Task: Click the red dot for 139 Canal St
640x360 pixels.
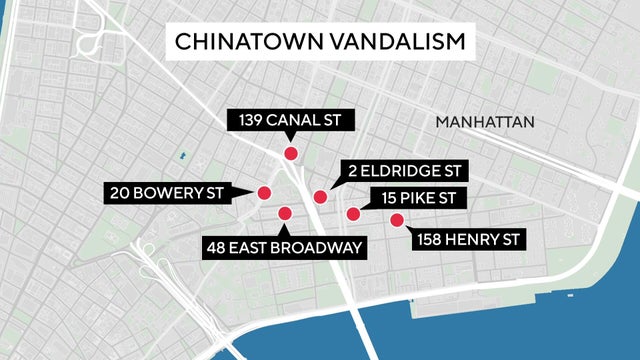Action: (x=291, y=153)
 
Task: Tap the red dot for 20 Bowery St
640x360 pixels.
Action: (x=265, y=192)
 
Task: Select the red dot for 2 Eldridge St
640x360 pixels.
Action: (x=320, y=197)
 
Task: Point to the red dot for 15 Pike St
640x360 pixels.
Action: (x=353, y=213)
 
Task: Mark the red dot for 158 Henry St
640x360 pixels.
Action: (x=396, y=220)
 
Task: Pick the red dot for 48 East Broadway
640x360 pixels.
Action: (x=285, y=212)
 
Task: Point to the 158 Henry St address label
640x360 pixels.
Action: (x=463, y=239)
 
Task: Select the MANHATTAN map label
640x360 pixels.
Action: (x=486, y=121)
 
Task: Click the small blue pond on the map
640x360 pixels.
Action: (x=182, y=156)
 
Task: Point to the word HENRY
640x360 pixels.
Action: (x=468, y=239)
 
